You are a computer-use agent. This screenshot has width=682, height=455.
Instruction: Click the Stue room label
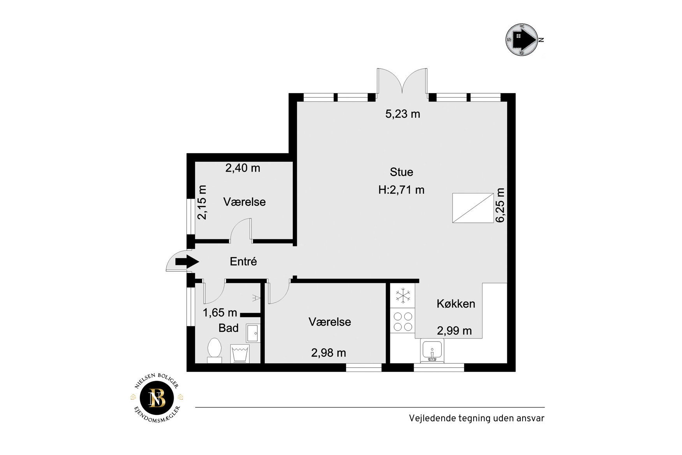(401, 172)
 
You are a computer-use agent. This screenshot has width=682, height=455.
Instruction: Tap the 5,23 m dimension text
(403, 114)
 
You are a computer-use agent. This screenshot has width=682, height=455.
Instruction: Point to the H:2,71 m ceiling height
(401, 190)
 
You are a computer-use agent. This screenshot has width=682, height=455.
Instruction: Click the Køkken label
(456, 304)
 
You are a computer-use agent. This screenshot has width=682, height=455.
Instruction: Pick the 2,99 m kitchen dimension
(454, 331)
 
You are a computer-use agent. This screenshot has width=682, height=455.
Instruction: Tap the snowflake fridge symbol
(403, 295)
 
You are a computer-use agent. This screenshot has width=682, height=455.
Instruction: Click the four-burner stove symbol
(403, 321)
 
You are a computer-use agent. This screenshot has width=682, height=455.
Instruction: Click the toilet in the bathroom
(214, 350)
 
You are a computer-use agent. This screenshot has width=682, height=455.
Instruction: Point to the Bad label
(228, 328)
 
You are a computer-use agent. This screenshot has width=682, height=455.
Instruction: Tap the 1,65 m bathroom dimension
(220, 313)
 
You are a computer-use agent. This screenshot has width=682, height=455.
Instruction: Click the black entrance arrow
(187, 261)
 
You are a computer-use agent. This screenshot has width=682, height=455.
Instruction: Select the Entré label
(243, 261)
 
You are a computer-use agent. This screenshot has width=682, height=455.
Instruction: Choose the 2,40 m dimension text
(243, 168)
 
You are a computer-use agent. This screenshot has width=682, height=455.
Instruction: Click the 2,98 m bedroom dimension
(328, 353)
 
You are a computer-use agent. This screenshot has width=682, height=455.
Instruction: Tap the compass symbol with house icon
(522, 39)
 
